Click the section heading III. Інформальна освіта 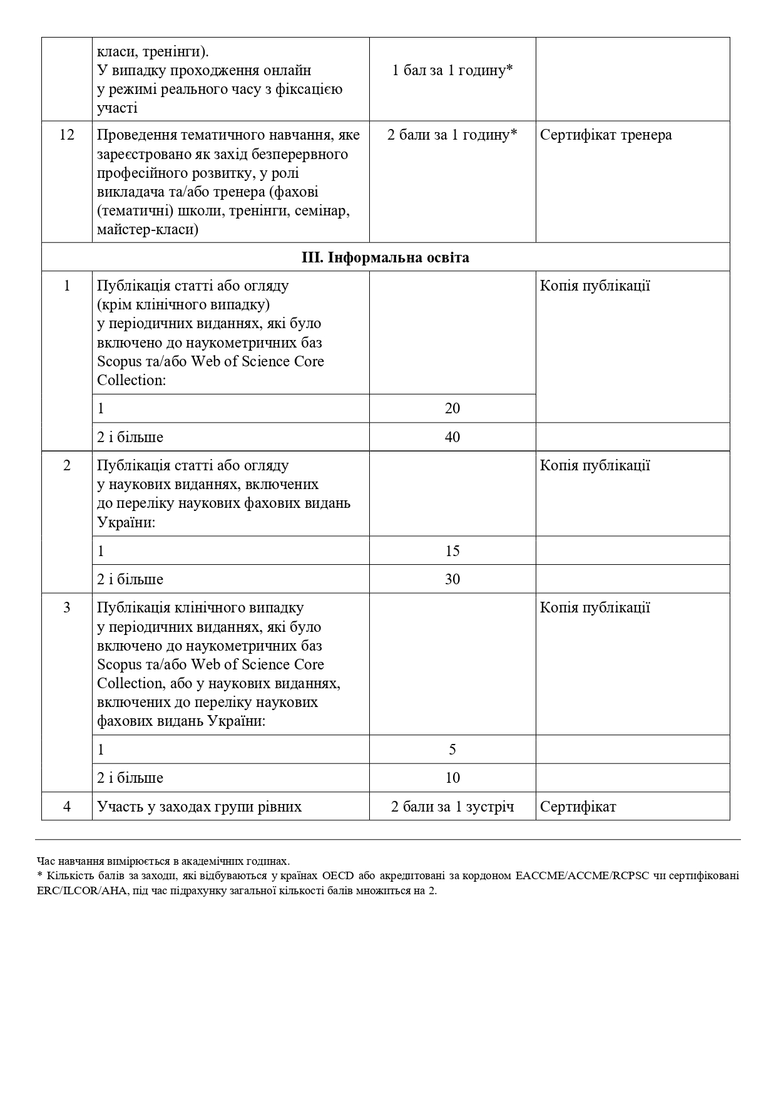pos(385,257)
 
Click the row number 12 pos(66,135)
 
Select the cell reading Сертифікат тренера pos(606,135)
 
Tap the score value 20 pos(452,408)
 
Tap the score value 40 pos(452,437)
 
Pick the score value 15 pos(452,551)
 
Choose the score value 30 pos(452,579)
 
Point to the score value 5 pos(452,750)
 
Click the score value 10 pos(452,778)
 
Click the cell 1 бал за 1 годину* pos(452,70)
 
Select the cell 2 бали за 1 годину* pos(452,135)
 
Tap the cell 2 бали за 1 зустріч pos(452,807)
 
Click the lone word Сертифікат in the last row pos(578,807)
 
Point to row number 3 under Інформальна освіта pos(66,607)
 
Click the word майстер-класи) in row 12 pos(148,230)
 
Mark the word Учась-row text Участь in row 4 pos(118,807)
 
